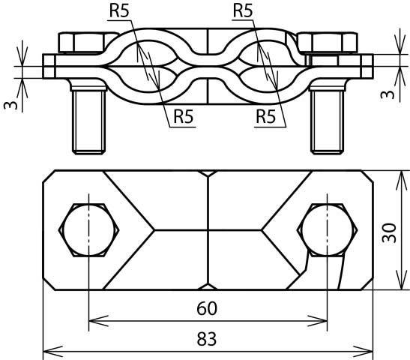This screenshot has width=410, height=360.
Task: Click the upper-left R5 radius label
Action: click(x=119, y=11)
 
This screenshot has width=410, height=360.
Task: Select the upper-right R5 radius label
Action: click(x=243, y=11)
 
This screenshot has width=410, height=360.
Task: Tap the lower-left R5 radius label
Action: click(x=184, y=116)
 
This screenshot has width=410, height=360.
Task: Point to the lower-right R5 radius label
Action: click(x=266, y=116)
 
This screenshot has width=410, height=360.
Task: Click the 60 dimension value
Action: click(x=207, y=308)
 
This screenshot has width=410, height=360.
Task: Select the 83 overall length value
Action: click(x=207, y=339)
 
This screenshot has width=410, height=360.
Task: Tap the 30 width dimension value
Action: click(x=389, y=232)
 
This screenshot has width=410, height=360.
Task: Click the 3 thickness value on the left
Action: click(x=10, y=105)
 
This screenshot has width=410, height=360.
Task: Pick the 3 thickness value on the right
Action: click(x=388, y=94)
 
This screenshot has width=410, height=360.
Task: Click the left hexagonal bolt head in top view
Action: click(x=89, y=230)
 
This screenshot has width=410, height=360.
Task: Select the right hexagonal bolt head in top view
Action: click(x=327, y=230)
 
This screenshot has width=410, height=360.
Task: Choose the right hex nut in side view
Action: click(x=327, y=43)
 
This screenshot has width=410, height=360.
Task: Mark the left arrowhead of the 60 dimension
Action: click(x=99, y=321)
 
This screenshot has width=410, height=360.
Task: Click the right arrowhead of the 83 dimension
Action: click(x=363, y=351)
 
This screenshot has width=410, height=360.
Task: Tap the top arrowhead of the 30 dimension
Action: click(x=401, y=181)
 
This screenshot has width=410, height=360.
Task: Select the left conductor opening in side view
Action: click(x=148, y=67)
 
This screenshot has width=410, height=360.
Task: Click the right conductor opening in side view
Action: click(x=268, y=67)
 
